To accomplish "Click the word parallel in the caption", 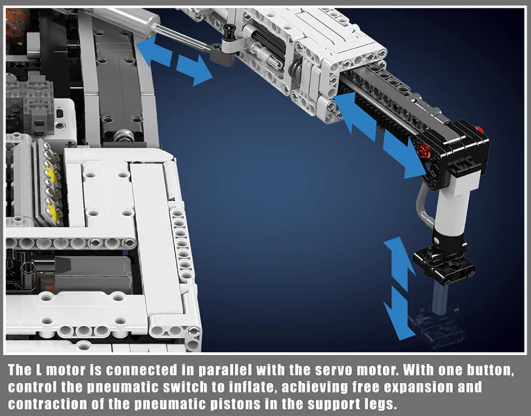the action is [225, 370].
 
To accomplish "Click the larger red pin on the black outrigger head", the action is [423, 150].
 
